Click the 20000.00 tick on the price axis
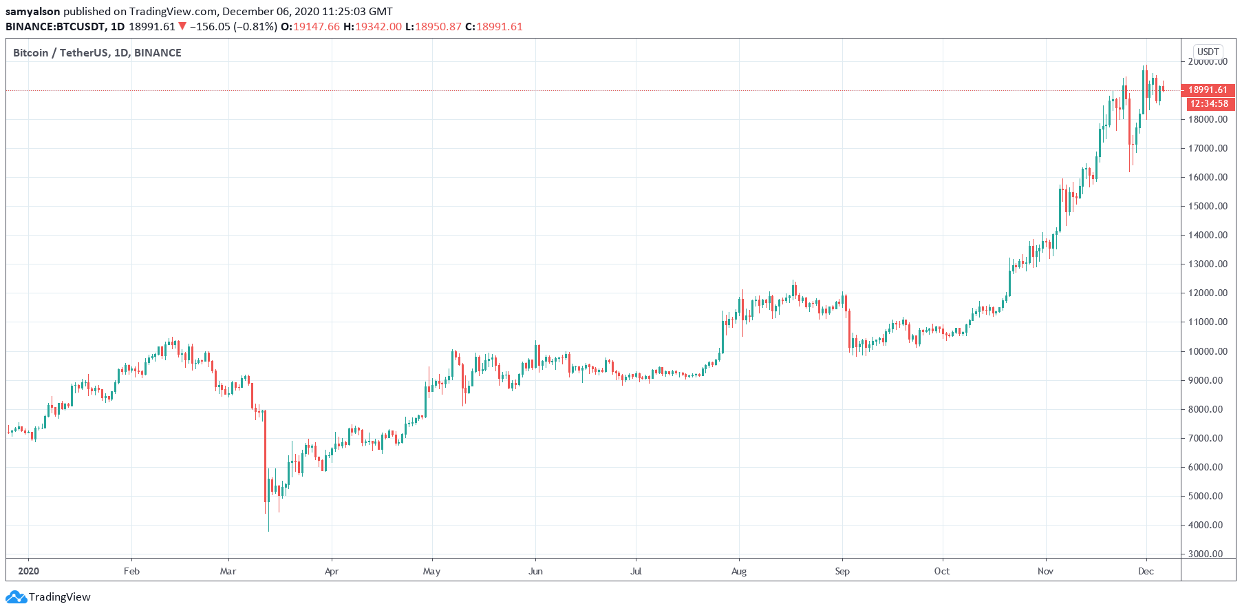pos(1208,62)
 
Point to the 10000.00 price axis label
pos(1208,351)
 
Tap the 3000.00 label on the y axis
pos(1208,554)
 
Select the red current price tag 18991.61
pos(1208,90)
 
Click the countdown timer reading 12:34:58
pos(1209,104)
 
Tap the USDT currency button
pos(1208,52)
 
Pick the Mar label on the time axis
pos(228,571)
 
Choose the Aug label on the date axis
pos(738,571)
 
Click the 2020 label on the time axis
pos(28,571)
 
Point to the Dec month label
pos(1145,571)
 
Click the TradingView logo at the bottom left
pos(49,596)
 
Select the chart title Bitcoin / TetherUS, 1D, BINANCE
pos(97,53)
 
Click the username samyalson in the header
pos(32,12)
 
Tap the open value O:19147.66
pos(310,27)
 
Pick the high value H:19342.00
pos(372,27)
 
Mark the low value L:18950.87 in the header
pos(433,27)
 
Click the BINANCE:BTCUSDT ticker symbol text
pos(56,27)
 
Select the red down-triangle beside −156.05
pos(182,26)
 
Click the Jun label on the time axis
pos(535,571)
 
